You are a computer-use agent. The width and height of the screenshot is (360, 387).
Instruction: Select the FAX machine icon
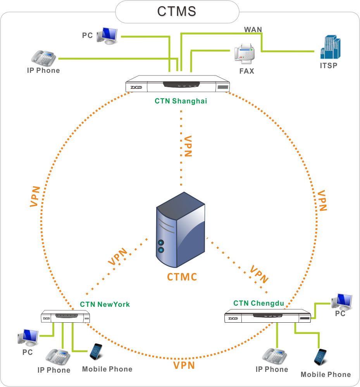pyautogui.click(x=244, y=54)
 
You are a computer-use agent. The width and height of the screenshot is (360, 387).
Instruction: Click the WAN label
pyautogui.click(x=253, y=29)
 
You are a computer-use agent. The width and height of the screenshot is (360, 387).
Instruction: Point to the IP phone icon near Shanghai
pyautogui.click(x=43, y=58)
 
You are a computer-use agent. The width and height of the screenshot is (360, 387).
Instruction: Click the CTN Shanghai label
pyautogui.click(x=181, y=101)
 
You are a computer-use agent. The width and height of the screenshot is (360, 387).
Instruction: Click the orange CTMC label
pyautogui.click(x=182, y=277)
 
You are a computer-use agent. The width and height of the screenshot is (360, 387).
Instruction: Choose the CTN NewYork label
pyautogui.click(x=105, y=304)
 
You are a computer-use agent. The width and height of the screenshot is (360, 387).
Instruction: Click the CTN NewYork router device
pyautogui.click(x=65, y=316)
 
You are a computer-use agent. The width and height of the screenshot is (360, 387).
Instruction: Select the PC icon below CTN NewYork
pyautogui.click(x=28, y=337)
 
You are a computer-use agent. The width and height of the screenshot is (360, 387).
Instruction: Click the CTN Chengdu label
pyautogui.click(x=258, y=303)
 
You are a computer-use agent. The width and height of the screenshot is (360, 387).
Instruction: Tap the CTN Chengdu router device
pyautogui.click(x=268, y=316)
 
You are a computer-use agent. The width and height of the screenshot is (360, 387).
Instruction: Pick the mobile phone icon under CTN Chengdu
pyautogui.click(x=320, y=357)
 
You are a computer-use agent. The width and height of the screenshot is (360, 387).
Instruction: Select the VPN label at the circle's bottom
pyautogui.click(x=184, y=365)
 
